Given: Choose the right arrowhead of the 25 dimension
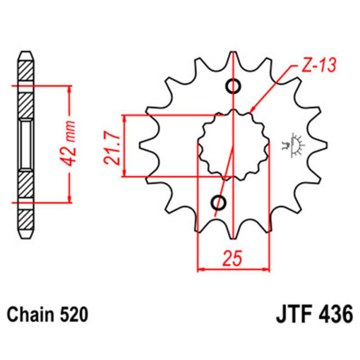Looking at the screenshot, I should pos(267,270).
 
